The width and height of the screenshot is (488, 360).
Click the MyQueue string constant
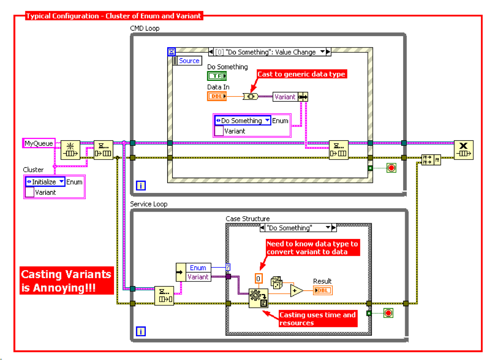coord(39,144)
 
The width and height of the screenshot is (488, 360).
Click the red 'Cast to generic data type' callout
coord(301,74)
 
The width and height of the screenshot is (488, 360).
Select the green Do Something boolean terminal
coord(217,76)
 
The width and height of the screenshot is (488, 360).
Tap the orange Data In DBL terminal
coord(217,96)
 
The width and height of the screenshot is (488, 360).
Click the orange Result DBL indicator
coord(322,290)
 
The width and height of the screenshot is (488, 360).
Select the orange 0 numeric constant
coord(259,278)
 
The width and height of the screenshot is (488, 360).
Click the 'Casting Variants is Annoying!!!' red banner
coord(66,281)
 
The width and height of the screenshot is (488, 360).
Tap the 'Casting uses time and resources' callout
coord(317,319)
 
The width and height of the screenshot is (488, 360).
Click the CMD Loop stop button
coord(392,168)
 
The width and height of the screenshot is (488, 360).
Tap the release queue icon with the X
coord(463,150)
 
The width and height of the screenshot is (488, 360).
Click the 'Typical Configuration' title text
coord(114,16)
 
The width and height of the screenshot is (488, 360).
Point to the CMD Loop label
coord(145,28)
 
